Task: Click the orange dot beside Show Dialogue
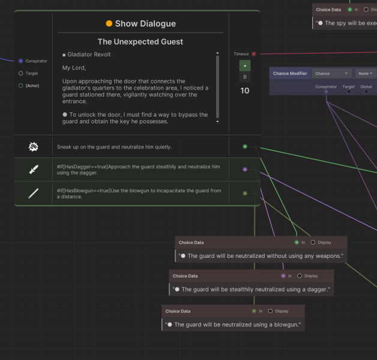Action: (109, 23)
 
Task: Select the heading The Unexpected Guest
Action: (140, 41)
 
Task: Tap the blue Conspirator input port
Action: (20, 61)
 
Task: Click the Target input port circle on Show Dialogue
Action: (20, 73)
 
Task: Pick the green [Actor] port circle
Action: (20, 86)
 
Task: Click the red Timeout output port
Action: (254, 54)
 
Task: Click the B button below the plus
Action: (245, 77)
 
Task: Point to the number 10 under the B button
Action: (245, 91)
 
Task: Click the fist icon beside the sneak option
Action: (34, 147)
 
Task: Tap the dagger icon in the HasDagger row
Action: (34, 169)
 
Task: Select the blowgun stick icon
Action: (34, 194)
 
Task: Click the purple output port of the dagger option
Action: (245, 169)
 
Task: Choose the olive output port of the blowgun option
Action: (245, 194)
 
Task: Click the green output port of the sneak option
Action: (245, 147)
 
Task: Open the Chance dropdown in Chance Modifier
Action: (331, 73)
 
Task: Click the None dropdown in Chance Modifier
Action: (366, 73)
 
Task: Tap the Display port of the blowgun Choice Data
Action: (270, 311)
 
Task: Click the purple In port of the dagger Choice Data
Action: (283, 276)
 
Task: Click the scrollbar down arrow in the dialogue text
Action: (217, 121)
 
